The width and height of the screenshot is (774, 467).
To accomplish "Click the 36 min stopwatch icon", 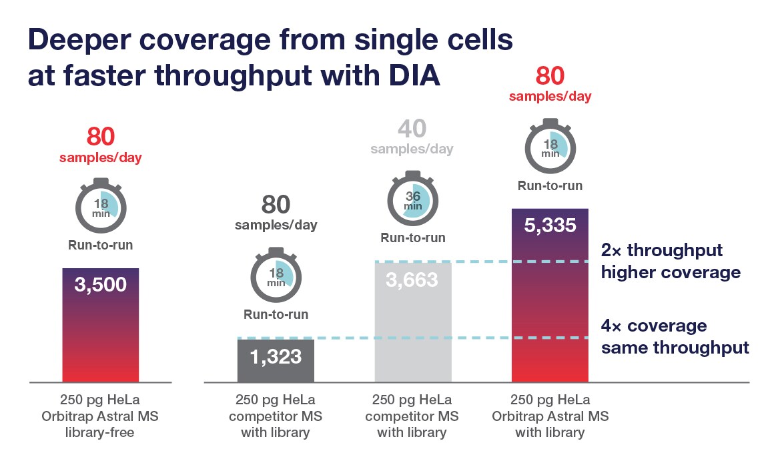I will point(413,199).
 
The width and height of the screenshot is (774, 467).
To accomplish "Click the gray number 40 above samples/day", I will point(412,129).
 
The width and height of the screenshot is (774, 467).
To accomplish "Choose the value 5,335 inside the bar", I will point(550,225).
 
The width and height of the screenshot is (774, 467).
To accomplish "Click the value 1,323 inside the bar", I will point(276,356).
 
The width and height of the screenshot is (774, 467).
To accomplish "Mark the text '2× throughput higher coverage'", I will point(671,262).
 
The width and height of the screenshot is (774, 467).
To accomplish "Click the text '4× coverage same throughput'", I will point(675,337).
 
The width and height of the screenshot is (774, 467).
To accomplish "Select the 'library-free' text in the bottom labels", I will point(101,432).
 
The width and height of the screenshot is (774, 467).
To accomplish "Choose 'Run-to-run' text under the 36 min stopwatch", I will point(413,238).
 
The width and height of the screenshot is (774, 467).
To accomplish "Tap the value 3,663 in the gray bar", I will point(412,280).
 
